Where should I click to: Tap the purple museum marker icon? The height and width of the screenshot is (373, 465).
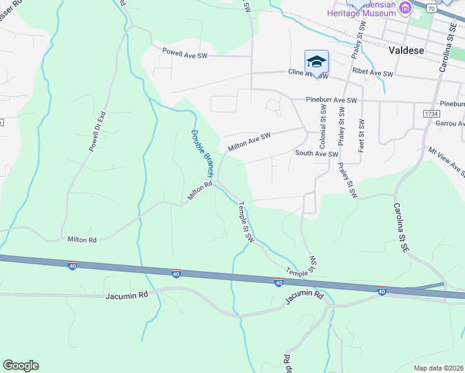pos(406,8)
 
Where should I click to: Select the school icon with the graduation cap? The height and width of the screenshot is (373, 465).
pos(316,62)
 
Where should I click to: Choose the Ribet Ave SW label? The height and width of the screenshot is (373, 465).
pos(374,73)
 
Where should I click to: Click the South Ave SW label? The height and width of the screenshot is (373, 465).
pos(316,154)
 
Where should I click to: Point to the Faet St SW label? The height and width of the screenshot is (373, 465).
pos(361,131)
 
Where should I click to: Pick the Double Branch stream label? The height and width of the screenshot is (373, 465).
pos(202,152)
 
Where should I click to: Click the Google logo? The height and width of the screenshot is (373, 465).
pos(21,366)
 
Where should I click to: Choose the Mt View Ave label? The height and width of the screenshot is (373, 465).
pos(447,159)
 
